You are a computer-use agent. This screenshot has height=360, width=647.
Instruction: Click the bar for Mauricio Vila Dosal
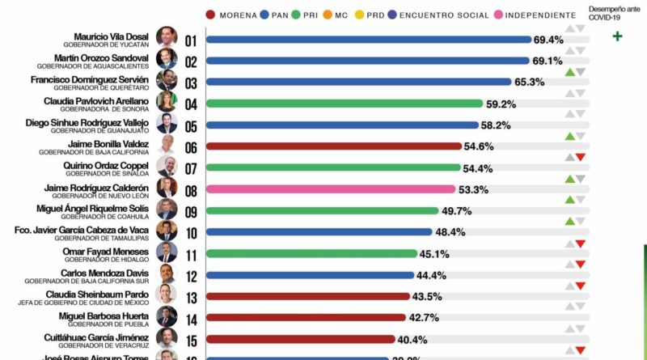tap(369, 39)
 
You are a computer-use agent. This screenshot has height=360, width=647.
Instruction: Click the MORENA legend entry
tap(235, 15)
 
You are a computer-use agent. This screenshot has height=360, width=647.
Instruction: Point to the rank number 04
tap(191, 104)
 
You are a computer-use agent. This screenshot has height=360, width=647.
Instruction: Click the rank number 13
tap(191, 297)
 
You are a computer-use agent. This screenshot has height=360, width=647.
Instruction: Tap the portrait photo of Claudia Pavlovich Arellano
tap(167, 102)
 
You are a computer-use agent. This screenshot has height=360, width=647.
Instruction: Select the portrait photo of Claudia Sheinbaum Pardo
tap(167, 295)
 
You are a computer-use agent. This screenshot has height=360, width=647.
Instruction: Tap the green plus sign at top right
tap(618, 36)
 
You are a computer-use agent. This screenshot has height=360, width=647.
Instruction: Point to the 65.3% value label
tap(527, 82)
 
